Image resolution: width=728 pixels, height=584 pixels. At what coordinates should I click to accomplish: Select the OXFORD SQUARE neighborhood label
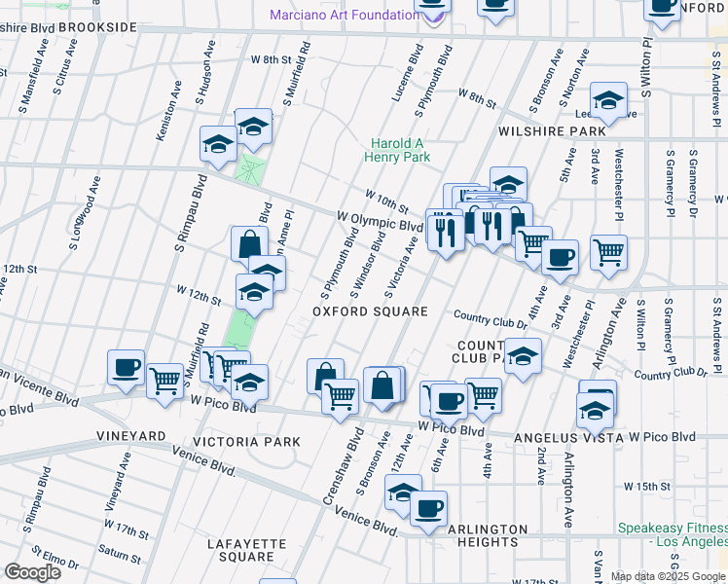point(370,311)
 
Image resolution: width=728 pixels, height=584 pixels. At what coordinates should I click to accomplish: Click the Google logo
point(33,571)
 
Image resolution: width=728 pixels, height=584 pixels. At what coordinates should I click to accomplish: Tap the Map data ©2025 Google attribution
point(669,576)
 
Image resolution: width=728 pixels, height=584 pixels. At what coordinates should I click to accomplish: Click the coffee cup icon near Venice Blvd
point(428,507)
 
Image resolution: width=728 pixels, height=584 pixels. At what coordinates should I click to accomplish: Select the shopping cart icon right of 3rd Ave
point(608,251)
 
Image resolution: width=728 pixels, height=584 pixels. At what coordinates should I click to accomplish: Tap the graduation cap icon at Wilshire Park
point(608,99)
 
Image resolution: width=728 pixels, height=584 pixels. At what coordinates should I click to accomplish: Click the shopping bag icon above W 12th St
point(249,243)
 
